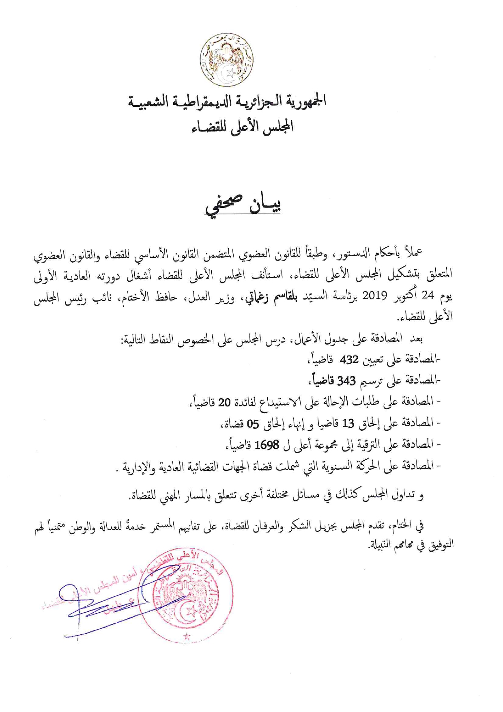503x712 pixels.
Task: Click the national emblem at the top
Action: (x=227, y=59)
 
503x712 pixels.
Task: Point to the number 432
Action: (x=349, y=359)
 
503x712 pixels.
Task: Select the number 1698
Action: (x=267, y=445)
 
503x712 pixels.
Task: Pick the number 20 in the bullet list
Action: (x=224, y=402)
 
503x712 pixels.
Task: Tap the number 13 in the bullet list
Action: (x=348, y=424)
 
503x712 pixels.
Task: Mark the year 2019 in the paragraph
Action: (x=375, y=295)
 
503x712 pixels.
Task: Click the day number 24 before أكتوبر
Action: (x=428, y=295)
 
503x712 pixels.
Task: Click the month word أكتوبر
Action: (x=406, y=295)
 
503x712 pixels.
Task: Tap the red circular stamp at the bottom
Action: (x=186, y=597)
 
